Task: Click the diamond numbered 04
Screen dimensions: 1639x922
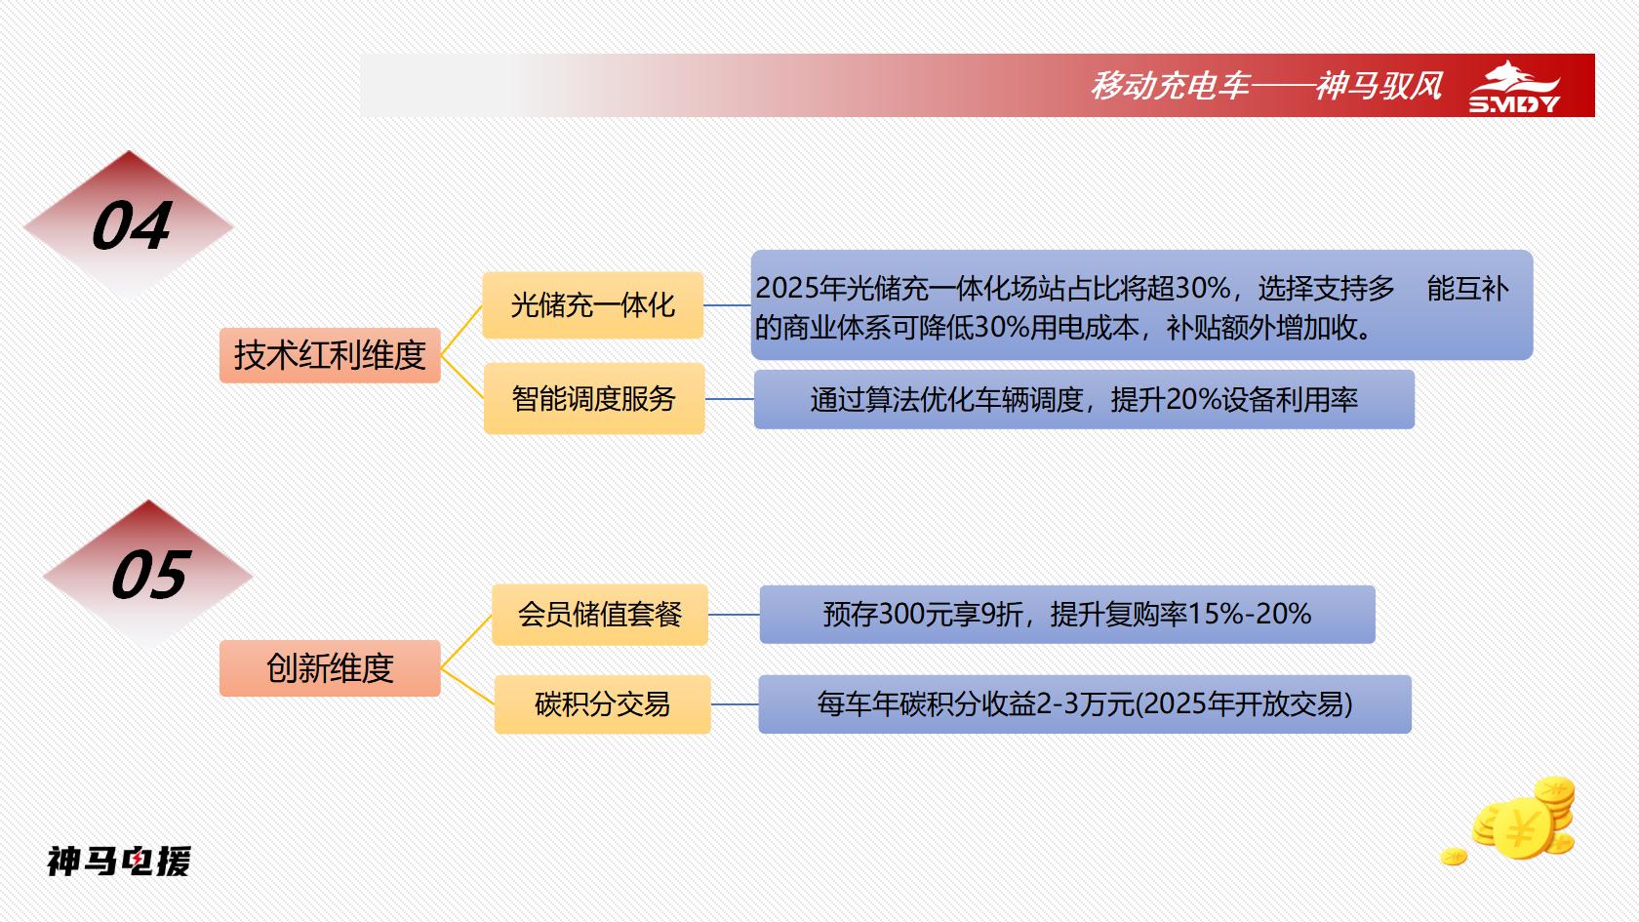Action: coord(129,225)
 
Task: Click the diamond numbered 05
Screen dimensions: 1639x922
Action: coord(148,576)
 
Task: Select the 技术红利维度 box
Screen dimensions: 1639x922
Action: coord(330,355)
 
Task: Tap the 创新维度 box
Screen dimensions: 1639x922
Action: coord(330,668)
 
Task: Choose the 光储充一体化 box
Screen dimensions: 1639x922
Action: coord(593,305)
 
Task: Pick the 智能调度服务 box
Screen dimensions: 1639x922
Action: coord(594,399)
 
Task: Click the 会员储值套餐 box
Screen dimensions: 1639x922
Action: coord(600,615)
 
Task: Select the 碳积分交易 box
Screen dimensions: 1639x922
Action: coord(603,704)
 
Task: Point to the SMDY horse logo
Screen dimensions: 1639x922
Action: coord(1514,87)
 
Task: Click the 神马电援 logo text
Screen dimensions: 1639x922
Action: coord(119,862)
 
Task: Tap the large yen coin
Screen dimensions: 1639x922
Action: coord(1522,829)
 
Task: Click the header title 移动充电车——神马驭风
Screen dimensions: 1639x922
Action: coord(1266,86)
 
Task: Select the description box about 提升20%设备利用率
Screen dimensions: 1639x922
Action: coord(1085,400)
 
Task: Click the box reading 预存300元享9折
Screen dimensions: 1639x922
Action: coord(1067,615)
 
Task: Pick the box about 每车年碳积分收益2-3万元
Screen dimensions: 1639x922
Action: coord(1085,704)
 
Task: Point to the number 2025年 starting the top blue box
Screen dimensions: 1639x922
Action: coord(800,289)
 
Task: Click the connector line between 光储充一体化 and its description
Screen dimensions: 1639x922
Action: coord(728,305)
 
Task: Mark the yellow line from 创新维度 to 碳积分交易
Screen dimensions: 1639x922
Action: coord(467,687)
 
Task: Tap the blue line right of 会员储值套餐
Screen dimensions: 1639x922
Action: coord(734,615)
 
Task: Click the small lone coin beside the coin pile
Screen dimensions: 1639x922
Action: coord(1454,857)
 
